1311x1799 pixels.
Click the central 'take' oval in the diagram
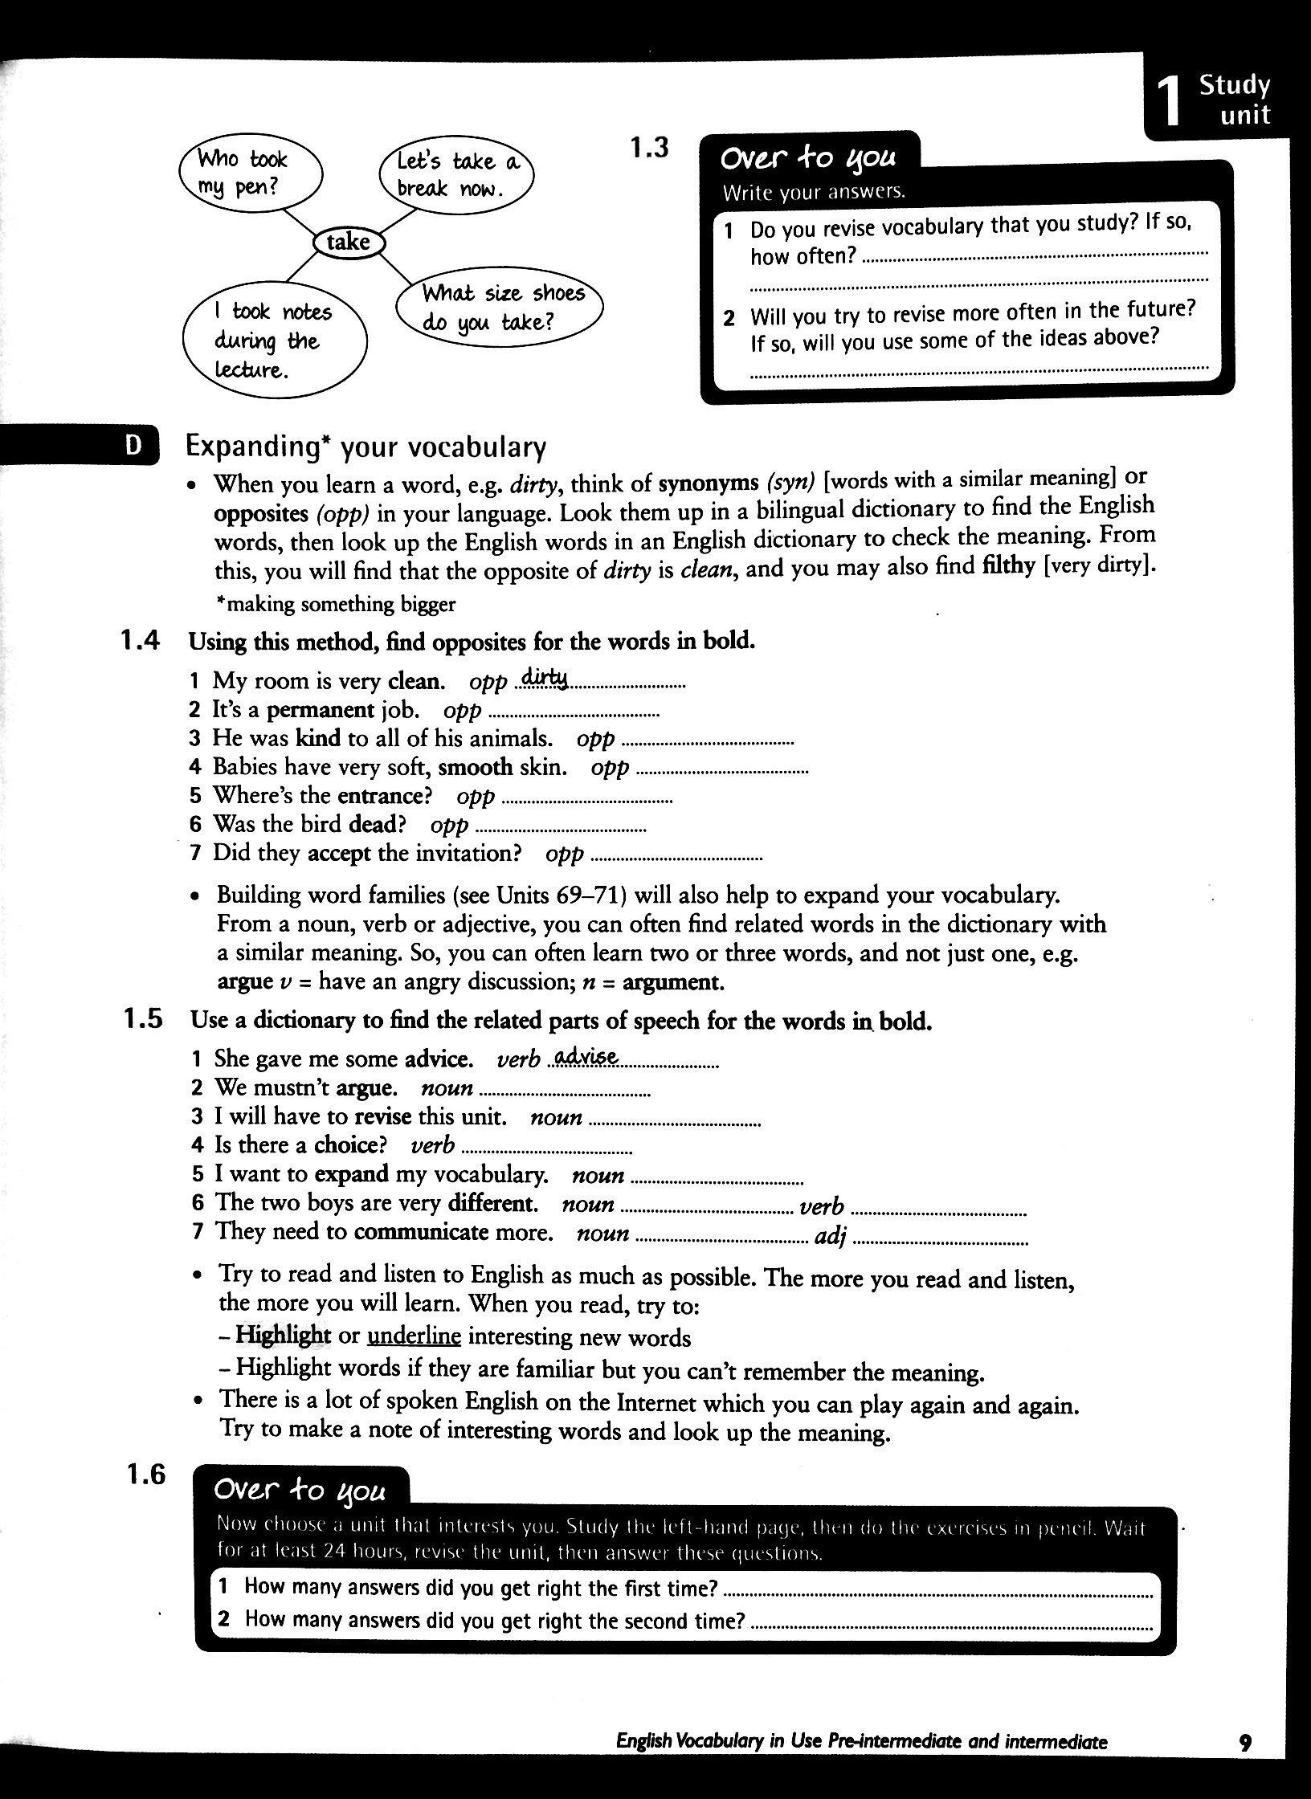point(349,242)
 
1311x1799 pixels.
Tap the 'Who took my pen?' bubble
point(248,173)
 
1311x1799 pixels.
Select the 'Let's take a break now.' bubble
point(455,175)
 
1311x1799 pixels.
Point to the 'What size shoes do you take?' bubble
point(499,308)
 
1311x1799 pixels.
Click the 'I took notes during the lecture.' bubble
point(274,341)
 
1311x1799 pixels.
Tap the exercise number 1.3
point(649,148)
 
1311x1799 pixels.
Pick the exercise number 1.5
point(144,1019)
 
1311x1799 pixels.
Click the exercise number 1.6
point(145,1475)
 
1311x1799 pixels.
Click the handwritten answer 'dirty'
point(544,679)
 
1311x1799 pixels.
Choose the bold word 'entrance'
point(379,796)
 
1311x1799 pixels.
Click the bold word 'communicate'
point(421,1232)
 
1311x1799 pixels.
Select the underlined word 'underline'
point(414,1336)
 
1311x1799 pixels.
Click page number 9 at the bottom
point(1245,1742)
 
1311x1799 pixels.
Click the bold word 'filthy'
point(1008,565)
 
